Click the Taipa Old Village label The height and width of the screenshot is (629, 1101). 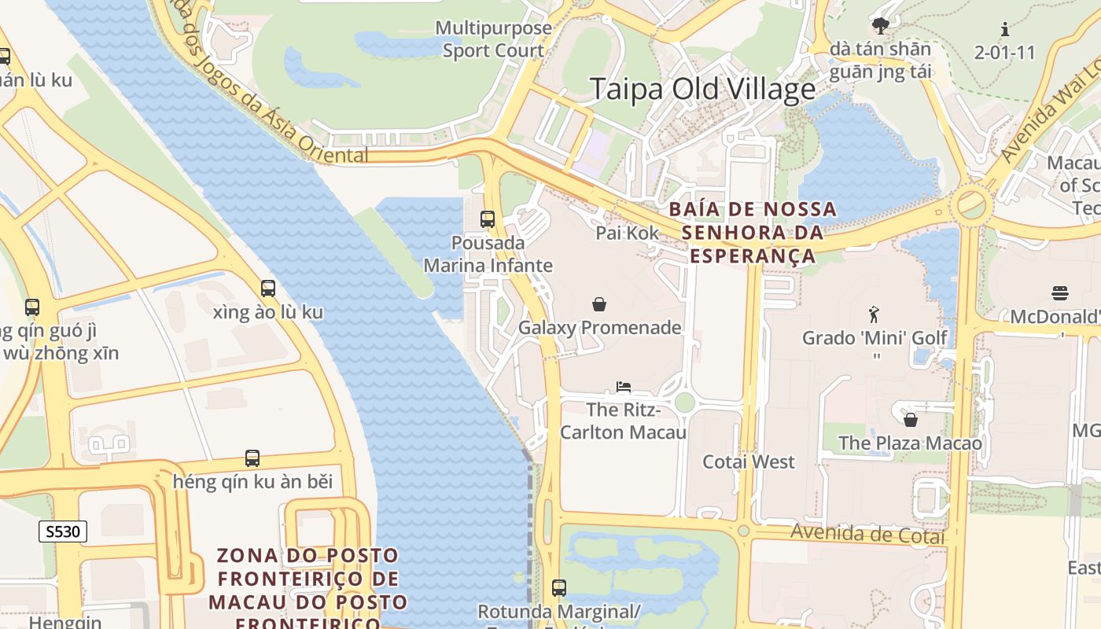pyautogui.click(x=702, y=89)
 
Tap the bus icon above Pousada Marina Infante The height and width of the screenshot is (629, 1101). pyautogui.click(x=488, y=219)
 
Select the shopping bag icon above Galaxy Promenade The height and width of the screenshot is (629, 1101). pyautogui.click(x=599, y=303)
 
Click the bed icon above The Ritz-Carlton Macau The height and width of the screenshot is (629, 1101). pyautogui.click(x=624, y=386)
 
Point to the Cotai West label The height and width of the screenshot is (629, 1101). pyautogui.click(x=748, y=462)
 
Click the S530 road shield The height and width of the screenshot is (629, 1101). pyautogui.click(x=63, y=532)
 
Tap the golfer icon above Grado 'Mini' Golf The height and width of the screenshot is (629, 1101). pyautogui.click(x=874, y=315)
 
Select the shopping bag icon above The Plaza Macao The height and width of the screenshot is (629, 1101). pyautogui.click(x=910, y=420)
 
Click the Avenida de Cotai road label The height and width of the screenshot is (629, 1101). pyautogui.click(x=867, y=533)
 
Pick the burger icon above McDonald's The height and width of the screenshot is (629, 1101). pyautogui.click(x=1059, y=294)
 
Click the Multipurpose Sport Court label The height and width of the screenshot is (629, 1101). pyautogui.click(x=493, y=39)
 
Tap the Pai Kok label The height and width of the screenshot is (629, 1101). pyautogui.click(x=627, y=233)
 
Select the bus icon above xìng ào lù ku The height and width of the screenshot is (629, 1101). pyautogui.click(x=268, y=289)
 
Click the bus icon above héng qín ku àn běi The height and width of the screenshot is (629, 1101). pyautogui.click(x=252, y=458)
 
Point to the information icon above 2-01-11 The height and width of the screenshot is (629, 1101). pyautogui.click(x=1004, y=30)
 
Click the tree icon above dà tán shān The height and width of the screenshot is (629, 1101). pyautogui.click(x=881, y=25)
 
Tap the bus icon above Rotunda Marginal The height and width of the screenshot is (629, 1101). pyautogui.click(x=559, y=587)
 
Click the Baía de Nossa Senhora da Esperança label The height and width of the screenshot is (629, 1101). pyautogui.click(x=753, y=233)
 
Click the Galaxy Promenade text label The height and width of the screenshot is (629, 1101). pyautogui.click(x=599, y=328)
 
